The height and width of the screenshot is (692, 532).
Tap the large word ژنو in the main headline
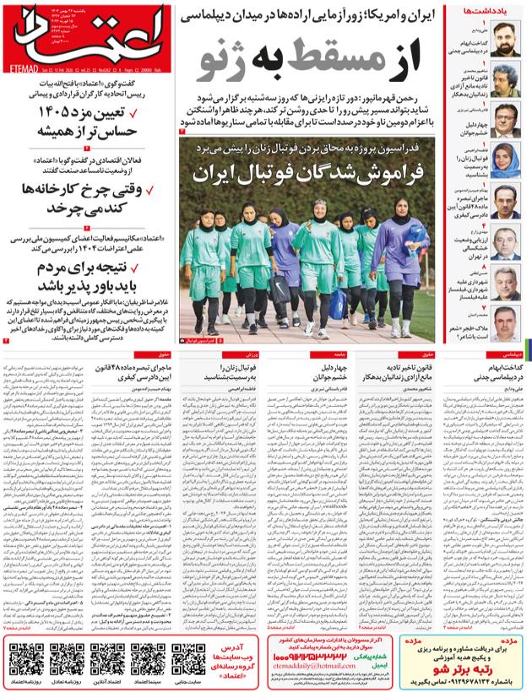(x=239, y=57)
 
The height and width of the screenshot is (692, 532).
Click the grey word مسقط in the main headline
(x=330, y=57)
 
